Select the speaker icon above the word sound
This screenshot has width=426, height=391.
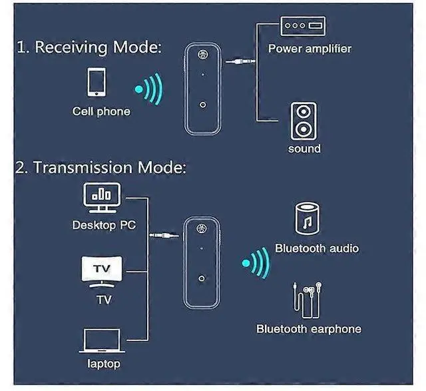click(303, 121)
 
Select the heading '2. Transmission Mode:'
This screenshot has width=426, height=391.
click(100, 167)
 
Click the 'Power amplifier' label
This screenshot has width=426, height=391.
click(310, 49)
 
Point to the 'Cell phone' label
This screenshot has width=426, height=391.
click(101, 111)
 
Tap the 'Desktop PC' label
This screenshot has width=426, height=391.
click(104, 225)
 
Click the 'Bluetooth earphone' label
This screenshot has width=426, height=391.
click(309, 328)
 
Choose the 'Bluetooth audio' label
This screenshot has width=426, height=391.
click(317, 248)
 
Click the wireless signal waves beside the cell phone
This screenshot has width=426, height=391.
click(148, 88)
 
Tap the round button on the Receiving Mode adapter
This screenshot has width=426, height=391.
click(202, 105)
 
